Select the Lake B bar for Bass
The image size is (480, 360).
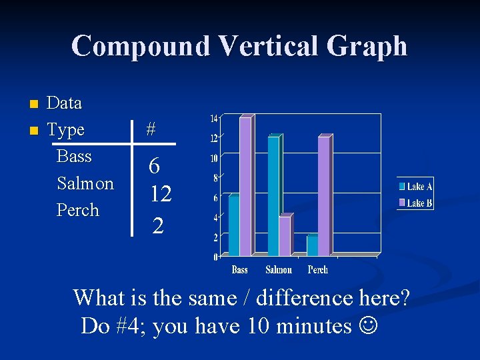(245, 187)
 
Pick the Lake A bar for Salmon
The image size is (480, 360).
(273, 196)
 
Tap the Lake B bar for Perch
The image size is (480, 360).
(324, 196)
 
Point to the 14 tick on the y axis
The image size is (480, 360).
(214, 119)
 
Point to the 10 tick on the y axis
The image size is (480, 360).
(214, 159)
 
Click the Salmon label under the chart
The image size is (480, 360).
(279, 270)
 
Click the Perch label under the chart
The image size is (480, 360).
(318, 270)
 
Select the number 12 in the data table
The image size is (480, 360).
(161, 194)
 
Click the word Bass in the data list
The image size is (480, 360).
(74, 157)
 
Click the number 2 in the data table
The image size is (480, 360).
(157, 225)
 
